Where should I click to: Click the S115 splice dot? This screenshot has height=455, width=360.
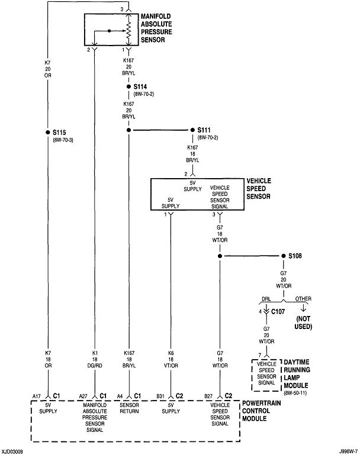48,132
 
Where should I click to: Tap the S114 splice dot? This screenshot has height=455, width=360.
128,86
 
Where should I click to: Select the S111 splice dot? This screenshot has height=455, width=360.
192,130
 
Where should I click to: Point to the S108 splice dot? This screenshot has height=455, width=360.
283,256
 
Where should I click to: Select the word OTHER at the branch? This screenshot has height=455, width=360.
304,299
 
